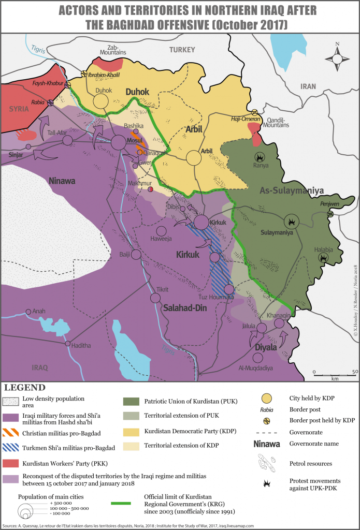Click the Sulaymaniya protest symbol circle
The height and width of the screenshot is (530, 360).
[293, 221]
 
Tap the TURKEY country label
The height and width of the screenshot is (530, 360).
[182, 50]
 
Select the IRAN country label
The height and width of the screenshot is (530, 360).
[308, 87]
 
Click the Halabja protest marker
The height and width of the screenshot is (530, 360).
[322, 257]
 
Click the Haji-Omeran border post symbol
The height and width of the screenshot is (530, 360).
[254, 112]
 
